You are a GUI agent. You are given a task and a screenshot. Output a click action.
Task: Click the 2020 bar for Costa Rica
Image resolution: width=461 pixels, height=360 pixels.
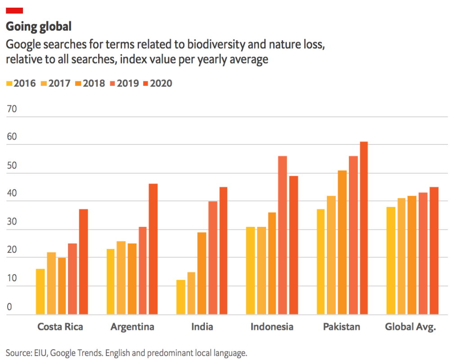point(83,261)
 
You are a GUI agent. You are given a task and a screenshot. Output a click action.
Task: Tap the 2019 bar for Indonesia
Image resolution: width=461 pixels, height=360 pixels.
point(282,235)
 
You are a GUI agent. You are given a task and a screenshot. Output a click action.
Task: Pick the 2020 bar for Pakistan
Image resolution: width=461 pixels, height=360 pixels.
point(363,228)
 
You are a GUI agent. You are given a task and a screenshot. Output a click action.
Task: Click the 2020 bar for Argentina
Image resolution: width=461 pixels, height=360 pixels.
point(153,249)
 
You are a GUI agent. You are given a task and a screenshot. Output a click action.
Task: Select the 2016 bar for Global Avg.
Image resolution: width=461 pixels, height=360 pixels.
point(391,261)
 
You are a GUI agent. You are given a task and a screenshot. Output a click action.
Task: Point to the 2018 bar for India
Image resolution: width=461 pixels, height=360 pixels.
point(202,273)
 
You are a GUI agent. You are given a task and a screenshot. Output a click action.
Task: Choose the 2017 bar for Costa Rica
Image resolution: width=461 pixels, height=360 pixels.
point(51,283)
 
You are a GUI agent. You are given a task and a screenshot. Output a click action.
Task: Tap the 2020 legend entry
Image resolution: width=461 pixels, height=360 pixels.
point(157,83)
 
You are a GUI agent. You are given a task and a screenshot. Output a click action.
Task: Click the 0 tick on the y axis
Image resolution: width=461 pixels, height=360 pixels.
point(9,307)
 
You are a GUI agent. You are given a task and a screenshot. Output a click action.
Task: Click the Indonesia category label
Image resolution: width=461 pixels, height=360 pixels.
point(272,327)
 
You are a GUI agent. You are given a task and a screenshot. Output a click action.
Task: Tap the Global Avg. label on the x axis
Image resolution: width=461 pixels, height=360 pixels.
point(411,327)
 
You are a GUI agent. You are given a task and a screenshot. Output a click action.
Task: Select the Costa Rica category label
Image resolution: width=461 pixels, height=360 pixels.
point(60,327)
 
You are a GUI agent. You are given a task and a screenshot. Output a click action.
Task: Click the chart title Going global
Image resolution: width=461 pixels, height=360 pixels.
point(39,27)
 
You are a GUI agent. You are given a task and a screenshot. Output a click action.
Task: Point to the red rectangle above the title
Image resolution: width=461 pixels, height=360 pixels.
point(14,10)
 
